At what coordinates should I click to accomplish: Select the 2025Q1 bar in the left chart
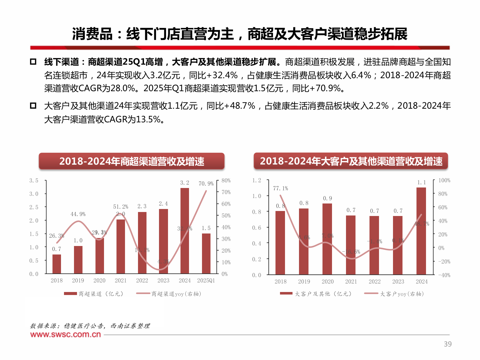(206, 253)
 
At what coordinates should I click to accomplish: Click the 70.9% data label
(206, 184)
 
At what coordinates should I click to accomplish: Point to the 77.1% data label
(280, 188)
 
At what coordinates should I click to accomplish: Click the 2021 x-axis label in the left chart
(121, 281)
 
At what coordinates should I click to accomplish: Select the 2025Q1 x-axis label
(206, 281)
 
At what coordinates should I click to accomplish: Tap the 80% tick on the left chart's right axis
(226, 181)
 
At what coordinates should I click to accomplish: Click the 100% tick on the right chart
(444, 180)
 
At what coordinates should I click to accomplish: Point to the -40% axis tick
(444, 275)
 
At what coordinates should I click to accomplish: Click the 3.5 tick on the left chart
(34, 181)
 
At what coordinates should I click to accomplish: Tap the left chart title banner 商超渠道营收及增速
(132, 161)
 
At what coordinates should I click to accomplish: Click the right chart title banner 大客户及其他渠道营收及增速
(351, 161)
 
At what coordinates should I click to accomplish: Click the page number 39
(448, 344)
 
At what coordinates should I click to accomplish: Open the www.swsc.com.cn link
(65, 334)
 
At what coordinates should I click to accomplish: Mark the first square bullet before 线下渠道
(33, 62)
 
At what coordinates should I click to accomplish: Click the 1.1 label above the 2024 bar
(422, 183)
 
